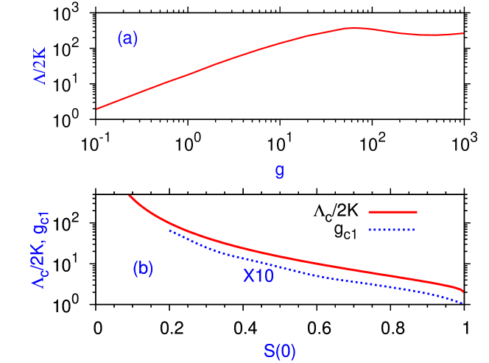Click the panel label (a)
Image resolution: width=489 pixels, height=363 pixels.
[127, 39]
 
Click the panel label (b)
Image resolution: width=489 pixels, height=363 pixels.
[143, 269]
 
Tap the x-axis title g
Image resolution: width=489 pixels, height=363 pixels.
[280, 172]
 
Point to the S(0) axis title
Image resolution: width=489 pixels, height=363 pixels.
[280, 352]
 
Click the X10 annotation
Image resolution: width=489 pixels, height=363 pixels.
[258, 277]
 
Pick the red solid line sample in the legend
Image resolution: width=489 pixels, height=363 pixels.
[393, 212]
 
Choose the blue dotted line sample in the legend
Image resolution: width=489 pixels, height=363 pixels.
[393, 230]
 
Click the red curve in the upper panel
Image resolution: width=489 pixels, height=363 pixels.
[221, 63]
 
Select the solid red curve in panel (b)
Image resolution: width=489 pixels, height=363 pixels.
[295, 259]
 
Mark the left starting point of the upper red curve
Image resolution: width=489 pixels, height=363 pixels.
[97, 109]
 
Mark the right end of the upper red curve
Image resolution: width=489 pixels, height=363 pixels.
[463, 33]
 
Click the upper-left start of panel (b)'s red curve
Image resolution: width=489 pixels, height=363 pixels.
[129, 196]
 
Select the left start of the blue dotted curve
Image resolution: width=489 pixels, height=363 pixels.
[170, 230]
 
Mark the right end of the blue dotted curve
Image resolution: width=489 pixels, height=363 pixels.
[462, 303]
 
